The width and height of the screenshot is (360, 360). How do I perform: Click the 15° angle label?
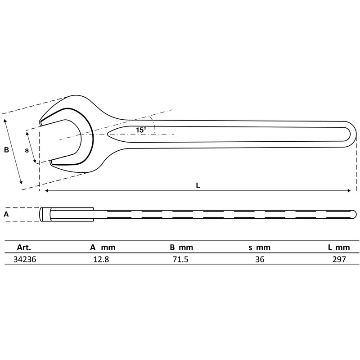pos(141,130)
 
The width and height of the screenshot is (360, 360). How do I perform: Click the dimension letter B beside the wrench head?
pos(6,150)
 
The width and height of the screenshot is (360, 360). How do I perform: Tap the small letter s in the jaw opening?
pos(27,150)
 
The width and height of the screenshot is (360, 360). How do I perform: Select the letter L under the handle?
pos(198,185)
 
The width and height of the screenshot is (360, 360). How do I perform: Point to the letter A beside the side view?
pos(6,215)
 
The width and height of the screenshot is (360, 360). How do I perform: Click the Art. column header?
pos(23,247)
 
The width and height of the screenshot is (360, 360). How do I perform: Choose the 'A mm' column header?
pos(102,247)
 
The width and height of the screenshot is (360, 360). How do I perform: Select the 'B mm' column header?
pos(181,247)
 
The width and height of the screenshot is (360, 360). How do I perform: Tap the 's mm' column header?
pos(260,247)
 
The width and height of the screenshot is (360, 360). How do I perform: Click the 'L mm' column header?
pos(338,247)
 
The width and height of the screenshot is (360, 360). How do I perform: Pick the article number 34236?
pos(26,260)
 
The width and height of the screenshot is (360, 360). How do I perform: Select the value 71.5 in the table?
pos(181,260)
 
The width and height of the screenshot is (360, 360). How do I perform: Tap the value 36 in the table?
pos(260,260)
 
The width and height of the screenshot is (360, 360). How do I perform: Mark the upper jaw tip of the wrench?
pos(41,122)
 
